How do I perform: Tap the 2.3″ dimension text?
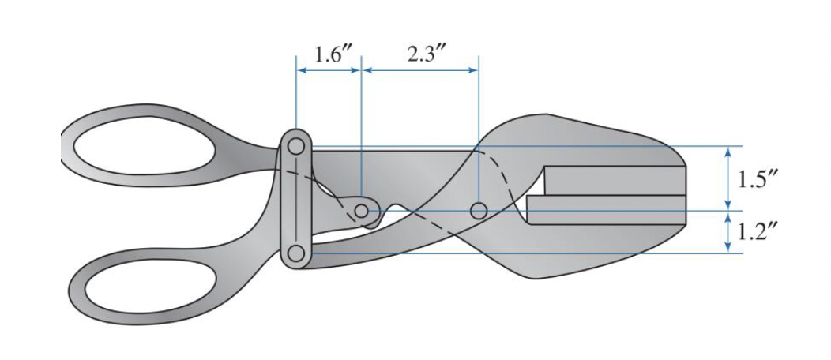pyautogui.click(x=416, y=55)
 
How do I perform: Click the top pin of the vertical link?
pyautogui.click(x=296, y=147)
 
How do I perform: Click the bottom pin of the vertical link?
pyautogui.click(x=296, y=253)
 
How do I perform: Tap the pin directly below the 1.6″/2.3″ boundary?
pyautogui.click(x=361, y=211)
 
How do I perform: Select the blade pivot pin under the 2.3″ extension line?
pyautogui.click(x=478, y=211)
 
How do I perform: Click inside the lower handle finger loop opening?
pyautogui.click(x=142, y=288)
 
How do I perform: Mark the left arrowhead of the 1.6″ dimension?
pyautogui.click(x=301, y=70)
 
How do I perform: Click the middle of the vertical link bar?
pyautogui.click(x=296, y=201)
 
